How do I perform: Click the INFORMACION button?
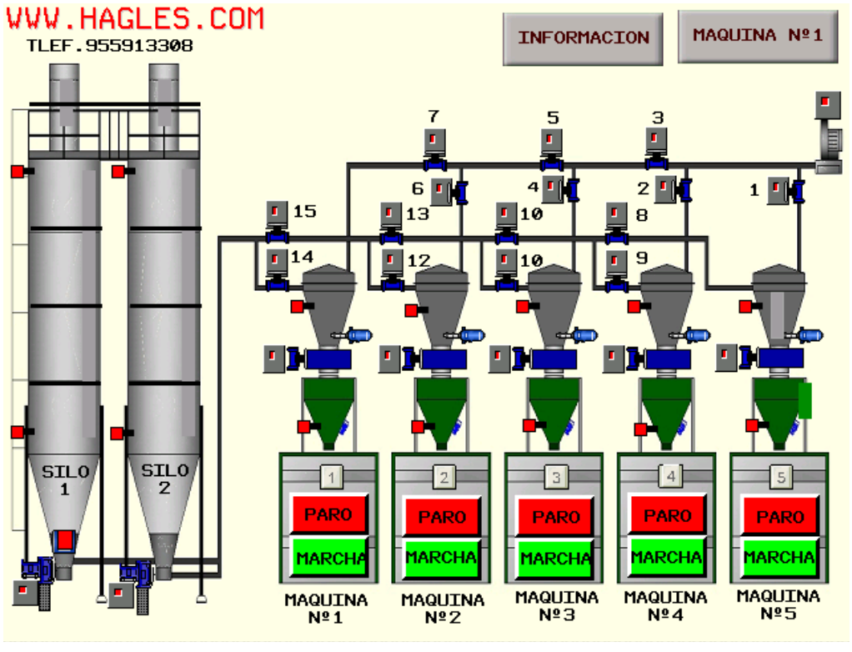583,38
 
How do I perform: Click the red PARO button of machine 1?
329,514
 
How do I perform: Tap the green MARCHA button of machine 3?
554,558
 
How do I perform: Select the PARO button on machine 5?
779,515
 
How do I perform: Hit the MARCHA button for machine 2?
441,558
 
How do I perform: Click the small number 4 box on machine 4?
670,477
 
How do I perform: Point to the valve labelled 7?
434,149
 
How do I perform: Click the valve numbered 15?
277,223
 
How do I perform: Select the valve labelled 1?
785,191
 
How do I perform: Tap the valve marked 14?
277,270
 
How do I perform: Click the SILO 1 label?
65,479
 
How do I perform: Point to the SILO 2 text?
164,479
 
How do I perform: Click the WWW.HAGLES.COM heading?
135,18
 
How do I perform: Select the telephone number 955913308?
139,46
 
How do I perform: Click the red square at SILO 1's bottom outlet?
65,540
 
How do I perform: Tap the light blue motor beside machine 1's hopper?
358,335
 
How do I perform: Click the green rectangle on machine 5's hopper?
804,400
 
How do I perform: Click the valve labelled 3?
656,148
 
